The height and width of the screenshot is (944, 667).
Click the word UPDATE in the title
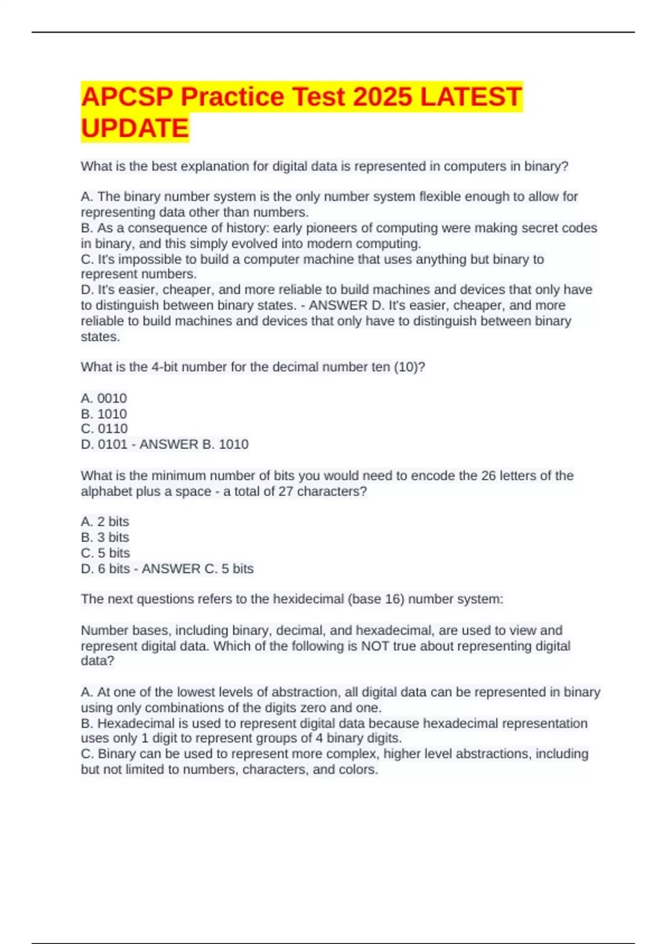pos(135,128)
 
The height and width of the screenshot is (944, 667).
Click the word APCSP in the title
pos(127,97)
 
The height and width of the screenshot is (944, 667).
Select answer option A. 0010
pos(104,398)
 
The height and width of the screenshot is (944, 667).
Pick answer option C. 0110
pos(104,429)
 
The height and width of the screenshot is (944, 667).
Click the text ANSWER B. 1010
pos(194,444)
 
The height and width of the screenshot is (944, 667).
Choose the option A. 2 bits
pos(105,521)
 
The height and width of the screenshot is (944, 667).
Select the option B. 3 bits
pos(105,537)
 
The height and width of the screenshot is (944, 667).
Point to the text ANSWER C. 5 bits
pos(198,569)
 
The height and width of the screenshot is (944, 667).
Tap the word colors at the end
pos(359,770)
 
